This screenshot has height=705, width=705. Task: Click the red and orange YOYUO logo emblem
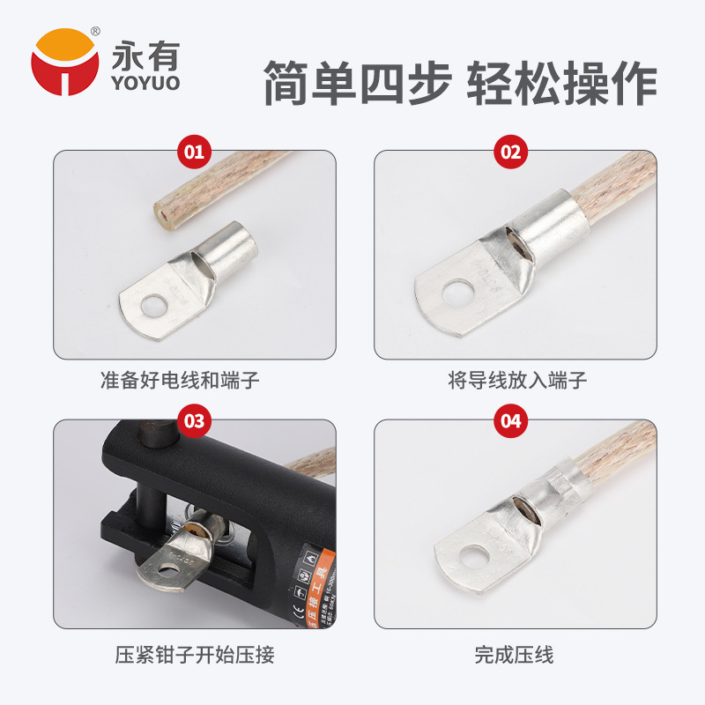point(64,62)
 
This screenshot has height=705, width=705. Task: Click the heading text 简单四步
point(356,85)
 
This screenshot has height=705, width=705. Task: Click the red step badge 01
point(194,151)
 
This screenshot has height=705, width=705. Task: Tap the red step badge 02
point(511,151)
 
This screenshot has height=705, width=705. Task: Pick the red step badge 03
point(194,420)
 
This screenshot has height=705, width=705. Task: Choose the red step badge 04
point(511,420)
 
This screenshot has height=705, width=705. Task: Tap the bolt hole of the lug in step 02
point(459,292)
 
